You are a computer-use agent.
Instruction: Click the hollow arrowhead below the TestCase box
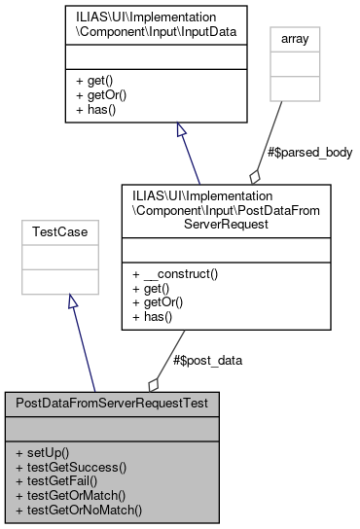(x=71, y=303)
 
